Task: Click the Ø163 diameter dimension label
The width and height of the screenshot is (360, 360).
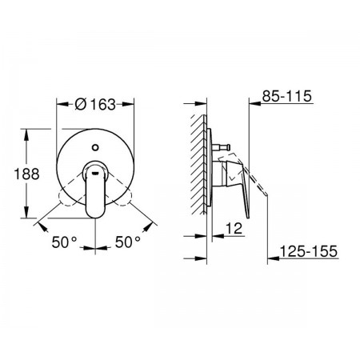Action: [95, 104]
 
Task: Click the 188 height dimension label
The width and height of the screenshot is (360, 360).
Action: [26, 174]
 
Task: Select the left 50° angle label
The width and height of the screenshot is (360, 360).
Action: [64, 242]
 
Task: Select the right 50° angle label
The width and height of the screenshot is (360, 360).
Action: [128, 242]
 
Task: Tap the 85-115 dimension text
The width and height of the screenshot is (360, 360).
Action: [287, 96]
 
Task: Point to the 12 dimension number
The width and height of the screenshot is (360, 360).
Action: [234, 228]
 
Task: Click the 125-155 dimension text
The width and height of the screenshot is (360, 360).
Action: [309, 251]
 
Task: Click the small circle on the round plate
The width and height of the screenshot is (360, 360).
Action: [95, 147]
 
